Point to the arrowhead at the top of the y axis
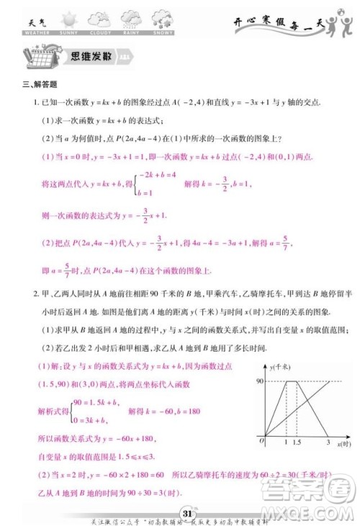(x=265, y=365)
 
